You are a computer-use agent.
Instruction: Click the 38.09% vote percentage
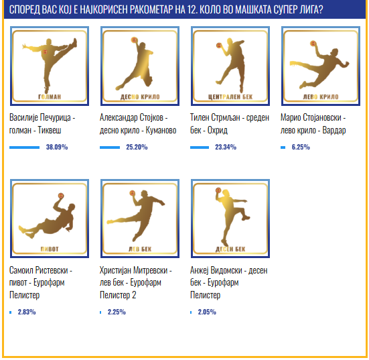point(57,147)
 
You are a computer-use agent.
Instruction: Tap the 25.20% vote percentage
point(137,147)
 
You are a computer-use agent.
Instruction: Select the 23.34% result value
point(226,147)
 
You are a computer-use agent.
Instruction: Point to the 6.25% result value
point(301,147)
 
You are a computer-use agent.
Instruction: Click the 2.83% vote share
point(27,312)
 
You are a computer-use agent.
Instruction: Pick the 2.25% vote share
point(117,312)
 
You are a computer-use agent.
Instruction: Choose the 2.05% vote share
point(207,312)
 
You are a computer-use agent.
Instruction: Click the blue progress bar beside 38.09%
point(25,147)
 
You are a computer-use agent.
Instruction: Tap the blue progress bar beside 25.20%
point(110,147)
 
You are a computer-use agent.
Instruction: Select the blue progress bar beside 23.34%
point(200,147)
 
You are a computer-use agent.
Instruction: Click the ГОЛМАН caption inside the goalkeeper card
point(50,97)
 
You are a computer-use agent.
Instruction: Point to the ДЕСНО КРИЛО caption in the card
point(140,97)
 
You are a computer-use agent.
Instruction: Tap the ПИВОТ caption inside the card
point(50,249)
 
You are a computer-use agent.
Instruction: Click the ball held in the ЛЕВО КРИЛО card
point(313,44)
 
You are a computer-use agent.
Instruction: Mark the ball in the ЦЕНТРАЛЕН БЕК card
point(219,46)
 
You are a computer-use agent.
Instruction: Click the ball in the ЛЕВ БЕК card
point(132,194)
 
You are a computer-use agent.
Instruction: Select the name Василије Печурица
point(40,117)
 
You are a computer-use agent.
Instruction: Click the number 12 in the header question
point(192,9)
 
